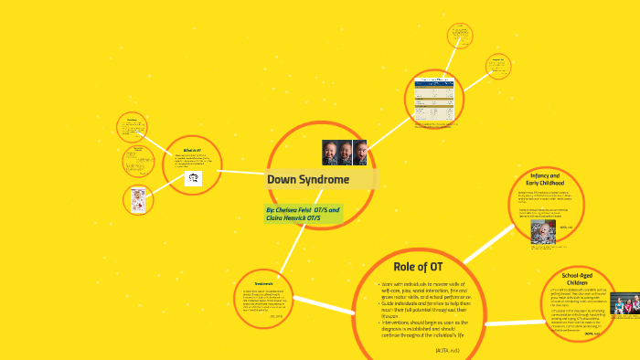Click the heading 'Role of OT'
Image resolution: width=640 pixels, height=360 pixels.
(418, 266)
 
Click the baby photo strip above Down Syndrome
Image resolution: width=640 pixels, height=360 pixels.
(344, 152)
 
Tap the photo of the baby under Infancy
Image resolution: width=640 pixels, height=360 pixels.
(543, 230)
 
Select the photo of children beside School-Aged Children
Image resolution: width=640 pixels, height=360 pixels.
(624, 303)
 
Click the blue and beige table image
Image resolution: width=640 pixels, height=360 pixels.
(434, 100)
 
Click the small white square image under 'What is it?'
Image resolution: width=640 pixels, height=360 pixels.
(193, 179)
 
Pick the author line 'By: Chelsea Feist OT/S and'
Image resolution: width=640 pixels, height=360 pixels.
(303, 209)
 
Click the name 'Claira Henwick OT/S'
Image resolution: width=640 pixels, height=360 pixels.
(293, 219)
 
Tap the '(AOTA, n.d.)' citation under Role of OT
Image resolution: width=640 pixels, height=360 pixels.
(449, 350)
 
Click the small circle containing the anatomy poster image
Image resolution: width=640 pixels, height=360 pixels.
(138, 199)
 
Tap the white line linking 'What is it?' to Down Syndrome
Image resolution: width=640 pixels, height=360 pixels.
(243, 171)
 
